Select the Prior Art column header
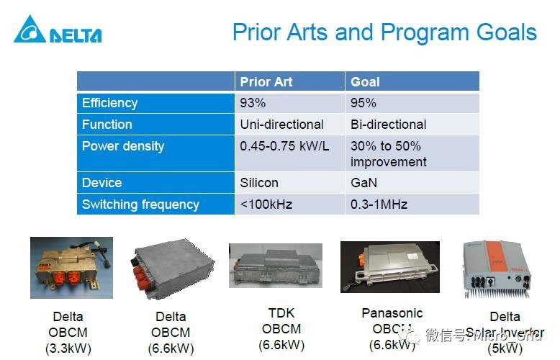tap(266, 81)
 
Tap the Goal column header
tap(366, 81)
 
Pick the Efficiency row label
tap(109, 103)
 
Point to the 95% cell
tap(363, 103)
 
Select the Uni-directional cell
tap(281, 125)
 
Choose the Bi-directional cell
tap(388, 125)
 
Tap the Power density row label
tap(123, 146)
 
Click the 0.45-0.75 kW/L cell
tap(284, 146)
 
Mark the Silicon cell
tap(259, 183)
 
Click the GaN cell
tap(363, 183)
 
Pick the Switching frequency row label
tap(140, 204)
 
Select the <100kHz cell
tap(266, 204)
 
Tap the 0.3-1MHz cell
tap(379, 204)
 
